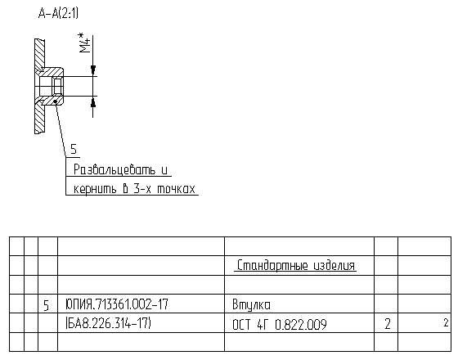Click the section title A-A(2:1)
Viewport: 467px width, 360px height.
coord(58,13)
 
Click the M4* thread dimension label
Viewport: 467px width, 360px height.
coord(84,43)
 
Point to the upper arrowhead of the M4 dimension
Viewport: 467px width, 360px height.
coord(93,70)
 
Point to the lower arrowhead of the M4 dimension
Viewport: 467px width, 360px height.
coord(93,101)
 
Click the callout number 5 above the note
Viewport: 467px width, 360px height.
coord(74,149)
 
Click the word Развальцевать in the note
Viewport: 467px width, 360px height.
coord(115,170)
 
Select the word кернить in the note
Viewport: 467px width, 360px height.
coord(95,189)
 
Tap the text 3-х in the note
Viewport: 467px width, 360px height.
coord(142,189)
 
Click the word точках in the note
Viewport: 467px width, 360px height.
coord(176,189)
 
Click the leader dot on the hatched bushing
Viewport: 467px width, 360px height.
coord(56,102)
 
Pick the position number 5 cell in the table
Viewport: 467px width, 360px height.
coord(46,305)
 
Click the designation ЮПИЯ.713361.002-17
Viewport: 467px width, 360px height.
coord(117,304)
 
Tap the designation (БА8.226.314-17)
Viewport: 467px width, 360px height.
coord(109,323)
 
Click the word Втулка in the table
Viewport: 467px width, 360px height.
coord(251,305)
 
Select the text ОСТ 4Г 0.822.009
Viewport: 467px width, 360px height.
coord(280,325)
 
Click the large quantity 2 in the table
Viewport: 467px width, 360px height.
coord(388,324)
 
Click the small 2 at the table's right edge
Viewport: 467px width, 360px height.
coord(446,322)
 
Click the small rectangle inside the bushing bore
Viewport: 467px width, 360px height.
coord(57,86)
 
